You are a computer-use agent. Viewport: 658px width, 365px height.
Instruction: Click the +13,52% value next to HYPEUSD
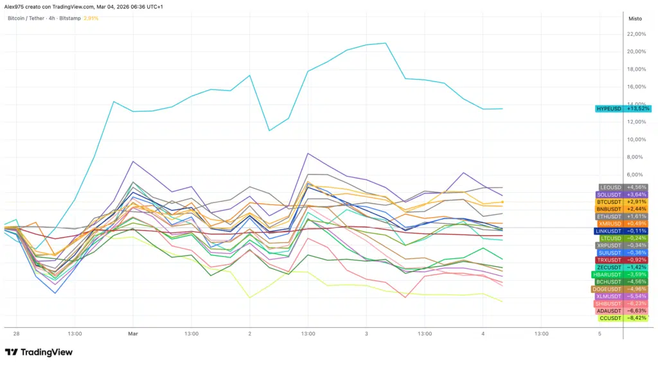pyautogui.click(x=638, y=109)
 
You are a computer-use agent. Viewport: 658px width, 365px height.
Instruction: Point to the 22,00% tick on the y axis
pyautogui.click(x=636, y=34)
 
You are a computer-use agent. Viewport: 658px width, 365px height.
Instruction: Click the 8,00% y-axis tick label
pyautogui.click(x=636, y=157)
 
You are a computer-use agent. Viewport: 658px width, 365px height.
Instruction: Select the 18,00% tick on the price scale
pyautogui.click(x=636, y=69)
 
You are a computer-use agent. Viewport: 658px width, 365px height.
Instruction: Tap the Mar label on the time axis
pyautogui.click(x=133, y=334)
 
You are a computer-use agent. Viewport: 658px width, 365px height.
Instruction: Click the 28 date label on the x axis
pyautogui.click(x=15, y=334)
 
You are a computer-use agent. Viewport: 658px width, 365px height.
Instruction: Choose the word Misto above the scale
pyautogui.click(x=635, y=18)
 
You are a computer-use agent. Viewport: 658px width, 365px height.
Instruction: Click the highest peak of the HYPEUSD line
pyautogui.click(x=386, y=43)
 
